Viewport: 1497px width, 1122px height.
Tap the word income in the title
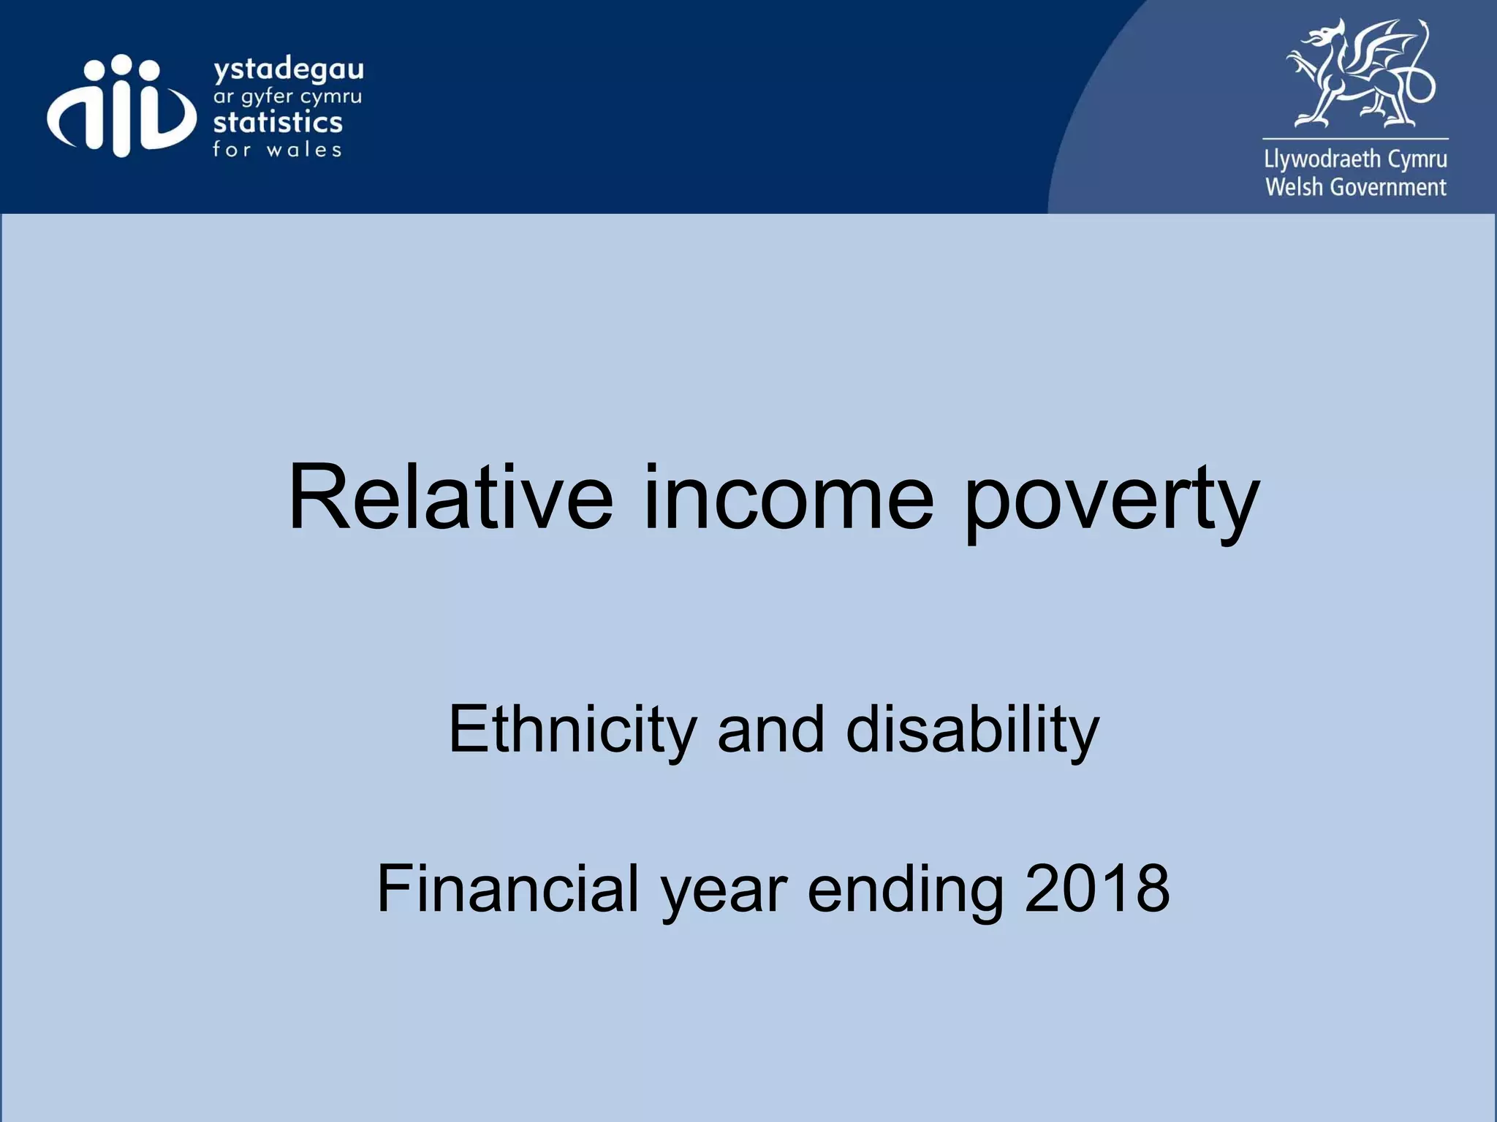[x=788, y=498]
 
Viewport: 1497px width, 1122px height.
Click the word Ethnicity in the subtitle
[x=572, y=730]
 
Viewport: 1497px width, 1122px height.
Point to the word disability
[x=972, y=730]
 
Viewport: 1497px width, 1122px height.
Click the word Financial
[x=508, y=890]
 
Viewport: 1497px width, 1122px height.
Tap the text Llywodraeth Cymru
[x=1355, y=159]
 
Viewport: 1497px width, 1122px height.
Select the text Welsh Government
[x=1355, y=188]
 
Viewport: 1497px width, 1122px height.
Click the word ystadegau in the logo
[x=288, y=72]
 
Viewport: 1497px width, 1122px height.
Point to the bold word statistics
[x=278, y=122]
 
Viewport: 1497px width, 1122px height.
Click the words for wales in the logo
[x=277, y=150]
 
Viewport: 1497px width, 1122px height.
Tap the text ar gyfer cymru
[x=287, y=97]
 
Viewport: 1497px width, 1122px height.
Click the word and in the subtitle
[x=771, y=730]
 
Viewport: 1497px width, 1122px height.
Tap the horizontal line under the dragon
[x=1355, y=139]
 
